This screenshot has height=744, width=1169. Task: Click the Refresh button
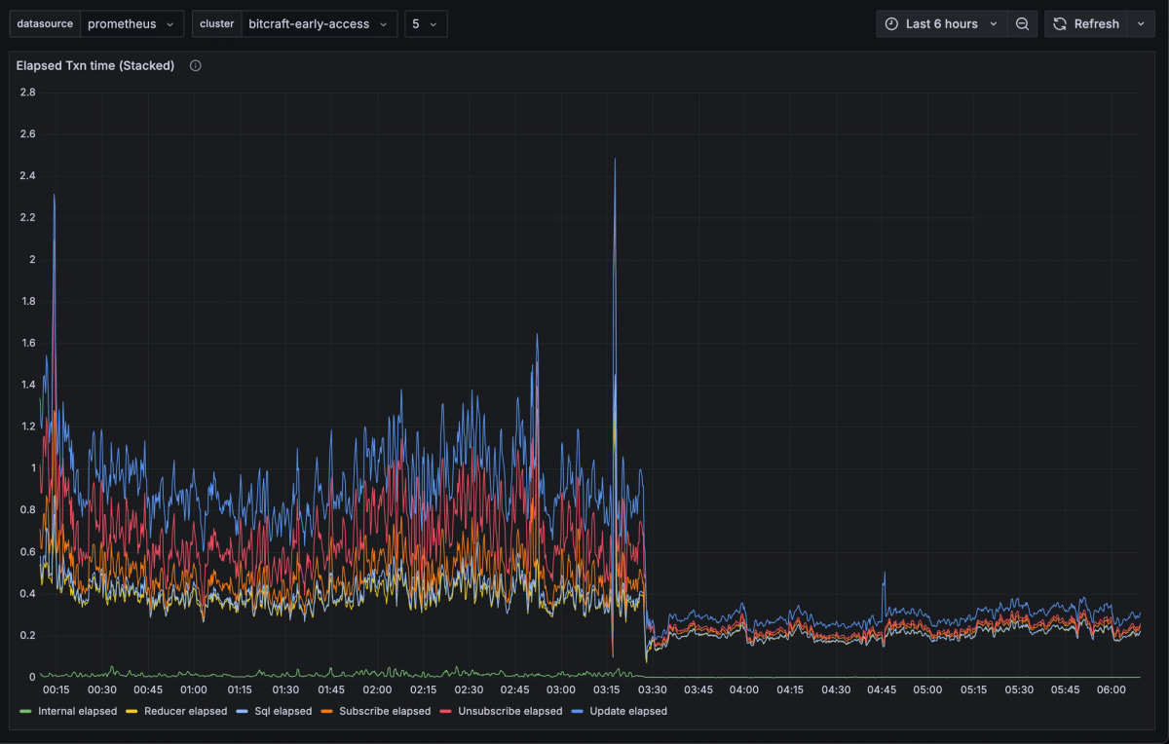coord(1086,24)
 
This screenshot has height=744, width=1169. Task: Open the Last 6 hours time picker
coord(941,24)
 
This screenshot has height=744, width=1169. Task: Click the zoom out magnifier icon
coord(1022,24)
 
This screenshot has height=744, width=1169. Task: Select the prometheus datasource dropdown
coord(131,24)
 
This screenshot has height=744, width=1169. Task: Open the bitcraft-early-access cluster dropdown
coord(319,24)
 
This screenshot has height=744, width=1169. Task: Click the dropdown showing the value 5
coord(426,24)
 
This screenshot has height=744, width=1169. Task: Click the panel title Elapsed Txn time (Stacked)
coord(95,65)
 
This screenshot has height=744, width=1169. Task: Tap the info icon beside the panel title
coord(196,65)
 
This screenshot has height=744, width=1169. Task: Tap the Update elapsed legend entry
coord(627,711)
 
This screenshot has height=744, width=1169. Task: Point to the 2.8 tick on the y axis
coord(27,93)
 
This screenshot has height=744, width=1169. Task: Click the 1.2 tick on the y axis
coord(27,427)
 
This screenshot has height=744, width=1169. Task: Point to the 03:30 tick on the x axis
coord(653,690)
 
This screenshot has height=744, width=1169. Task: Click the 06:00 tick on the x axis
coord(1112,690)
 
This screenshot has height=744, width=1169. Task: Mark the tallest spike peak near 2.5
coord(615,160)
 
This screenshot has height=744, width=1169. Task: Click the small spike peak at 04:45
coord(884,573)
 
